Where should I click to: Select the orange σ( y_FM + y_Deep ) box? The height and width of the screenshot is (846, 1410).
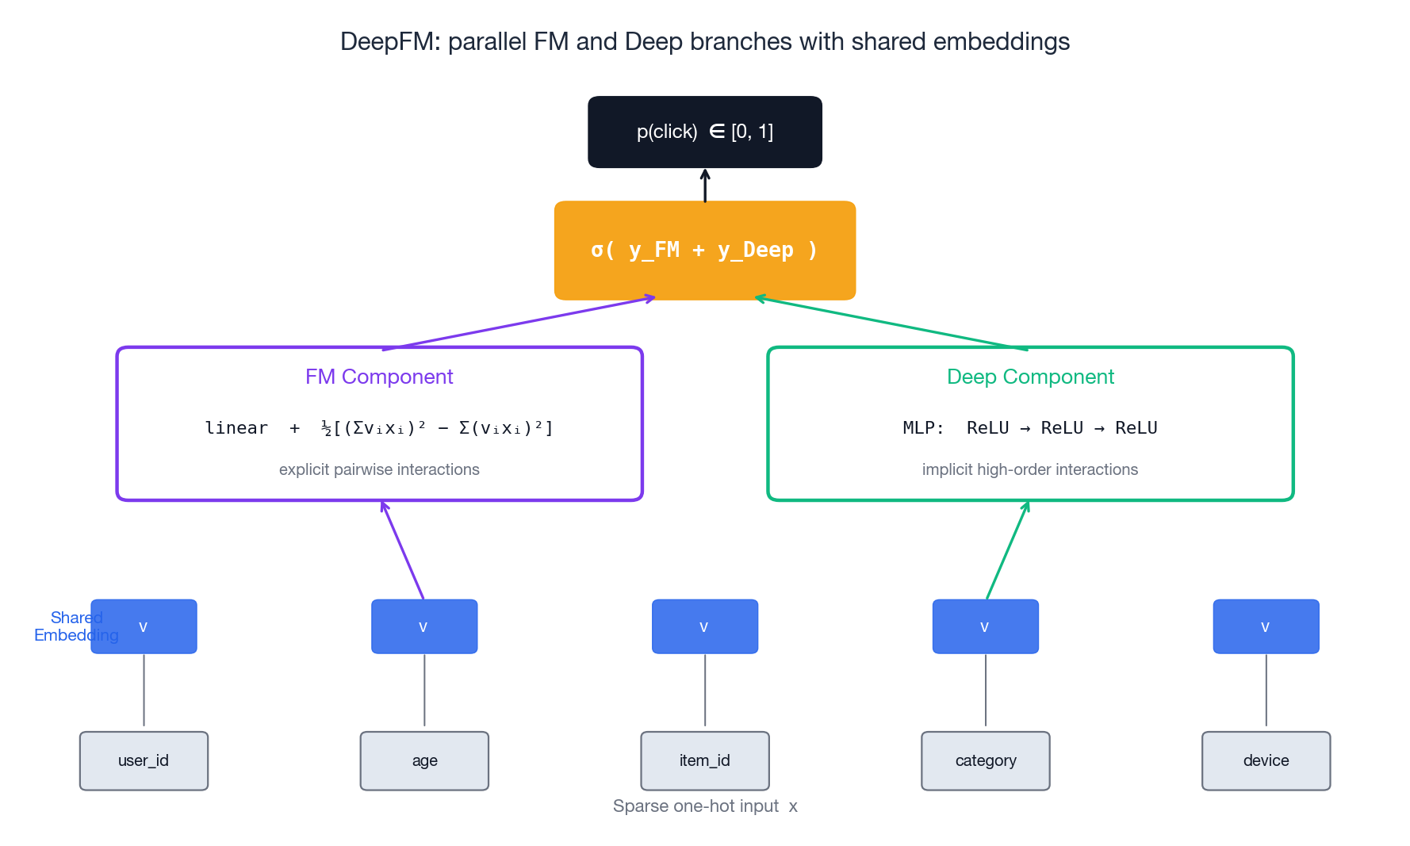point(704,251)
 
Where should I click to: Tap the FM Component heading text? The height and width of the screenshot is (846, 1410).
point(379,377)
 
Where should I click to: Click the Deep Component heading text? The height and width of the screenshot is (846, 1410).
point(1030,377)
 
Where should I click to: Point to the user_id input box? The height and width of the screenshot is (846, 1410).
point(144,760)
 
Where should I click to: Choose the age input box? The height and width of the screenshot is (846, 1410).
point(424,760)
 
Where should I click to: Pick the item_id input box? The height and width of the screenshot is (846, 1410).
point(704,760)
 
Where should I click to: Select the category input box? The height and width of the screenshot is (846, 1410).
point(985,760)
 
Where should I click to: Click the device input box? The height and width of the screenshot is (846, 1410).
point(1266,760)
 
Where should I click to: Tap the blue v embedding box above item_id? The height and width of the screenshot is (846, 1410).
point(704,626)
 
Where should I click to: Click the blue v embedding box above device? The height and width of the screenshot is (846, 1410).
point(1266,626)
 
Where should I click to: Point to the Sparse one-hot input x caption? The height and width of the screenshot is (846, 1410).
point(704,806)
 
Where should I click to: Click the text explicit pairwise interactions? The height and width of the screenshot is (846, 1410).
point(379,469)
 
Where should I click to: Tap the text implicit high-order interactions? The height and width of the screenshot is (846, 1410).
point(1029,469)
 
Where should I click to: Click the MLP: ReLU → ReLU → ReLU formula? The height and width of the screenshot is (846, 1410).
point(1029,428)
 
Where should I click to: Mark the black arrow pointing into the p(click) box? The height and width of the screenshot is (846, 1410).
point(704,186)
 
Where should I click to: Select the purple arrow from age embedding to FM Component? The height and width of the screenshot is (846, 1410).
point(404,551)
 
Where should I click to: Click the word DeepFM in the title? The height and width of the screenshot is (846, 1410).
point(389,42)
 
